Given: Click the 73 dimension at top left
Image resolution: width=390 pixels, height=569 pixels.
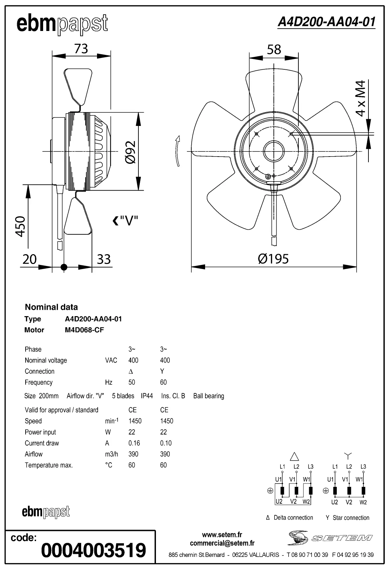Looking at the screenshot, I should [81, 49].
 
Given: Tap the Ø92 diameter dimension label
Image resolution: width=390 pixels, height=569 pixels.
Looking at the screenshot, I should [131, 152].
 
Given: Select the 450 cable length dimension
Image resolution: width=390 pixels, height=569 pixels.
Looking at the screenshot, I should [21, 226].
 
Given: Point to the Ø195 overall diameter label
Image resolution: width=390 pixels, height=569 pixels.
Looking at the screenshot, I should [273, 259].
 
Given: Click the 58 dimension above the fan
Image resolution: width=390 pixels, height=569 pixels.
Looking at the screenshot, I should [274, 49].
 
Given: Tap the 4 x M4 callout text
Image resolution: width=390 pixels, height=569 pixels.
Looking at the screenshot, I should [360, 98].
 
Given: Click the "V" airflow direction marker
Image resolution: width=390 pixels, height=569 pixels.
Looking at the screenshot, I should [125, 221].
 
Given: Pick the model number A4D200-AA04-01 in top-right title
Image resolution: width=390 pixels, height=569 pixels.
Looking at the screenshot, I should [326, 22].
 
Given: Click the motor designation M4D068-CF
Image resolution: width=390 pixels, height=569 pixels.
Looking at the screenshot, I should [84, 330].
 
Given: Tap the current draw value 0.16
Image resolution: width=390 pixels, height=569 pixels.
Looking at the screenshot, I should [134, 443].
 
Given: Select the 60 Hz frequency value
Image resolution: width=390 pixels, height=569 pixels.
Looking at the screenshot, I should [163, 382].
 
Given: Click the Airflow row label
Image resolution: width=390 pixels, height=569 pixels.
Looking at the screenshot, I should [34, 454].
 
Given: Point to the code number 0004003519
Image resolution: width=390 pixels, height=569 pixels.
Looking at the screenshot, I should [93, 550].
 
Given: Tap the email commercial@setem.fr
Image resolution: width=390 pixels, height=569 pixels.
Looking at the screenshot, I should [222, 543].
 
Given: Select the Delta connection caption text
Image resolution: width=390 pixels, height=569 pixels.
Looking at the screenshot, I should [293, 517].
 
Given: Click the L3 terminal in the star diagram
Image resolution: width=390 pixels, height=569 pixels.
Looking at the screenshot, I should [363, 467].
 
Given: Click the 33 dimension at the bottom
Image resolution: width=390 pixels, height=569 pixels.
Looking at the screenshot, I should [104, 259].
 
